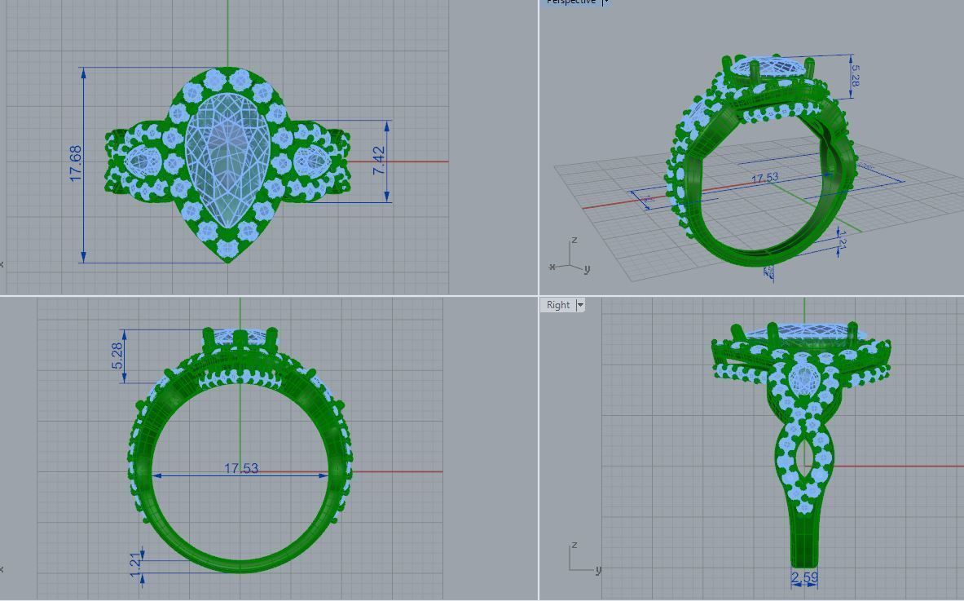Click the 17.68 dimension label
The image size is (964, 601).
76,163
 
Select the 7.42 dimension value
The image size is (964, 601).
378,160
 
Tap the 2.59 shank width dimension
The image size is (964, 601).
804,578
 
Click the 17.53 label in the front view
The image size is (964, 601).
241,468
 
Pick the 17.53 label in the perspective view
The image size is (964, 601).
764,178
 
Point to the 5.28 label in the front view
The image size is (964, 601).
117,355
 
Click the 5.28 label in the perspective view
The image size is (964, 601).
855,76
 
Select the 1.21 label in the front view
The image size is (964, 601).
136,562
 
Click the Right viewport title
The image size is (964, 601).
558,305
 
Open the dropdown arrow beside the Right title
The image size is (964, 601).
580,305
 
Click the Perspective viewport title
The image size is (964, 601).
570,2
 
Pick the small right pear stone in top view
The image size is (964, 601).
311,160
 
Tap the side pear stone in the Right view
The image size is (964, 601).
805,378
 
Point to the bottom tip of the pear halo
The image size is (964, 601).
227,260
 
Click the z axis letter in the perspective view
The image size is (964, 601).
574,241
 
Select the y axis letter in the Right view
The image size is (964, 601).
598,570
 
